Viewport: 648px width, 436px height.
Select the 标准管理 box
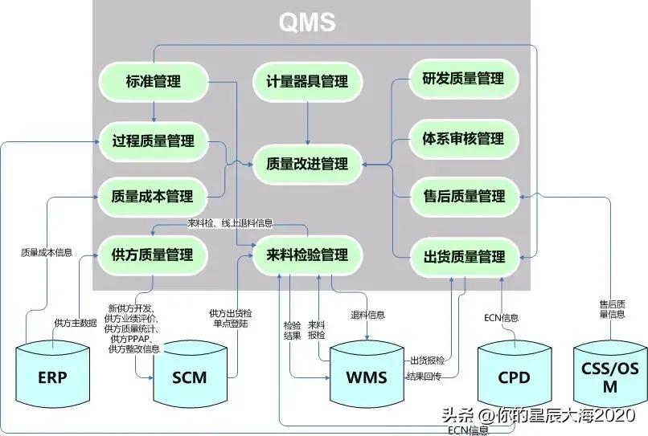click(153, 81)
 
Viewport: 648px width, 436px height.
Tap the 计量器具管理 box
click(307, 82)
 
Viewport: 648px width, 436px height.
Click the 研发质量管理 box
click(462, 79)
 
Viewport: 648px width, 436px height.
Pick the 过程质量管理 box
click(153, 141)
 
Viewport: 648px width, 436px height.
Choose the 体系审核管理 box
click(462, 138)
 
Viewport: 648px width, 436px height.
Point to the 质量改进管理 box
click(307, 164)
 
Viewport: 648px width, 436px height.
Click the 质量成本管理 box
click(153, 196)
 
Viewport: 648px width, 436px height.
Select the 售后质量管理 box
click(462, 196)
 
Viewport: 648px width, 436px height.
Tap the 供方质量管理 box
click(153, 255)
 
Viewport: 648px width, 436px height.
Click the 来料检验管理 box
click(307, 255)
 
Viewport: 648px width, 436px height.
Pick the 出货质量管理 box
click(462, 257)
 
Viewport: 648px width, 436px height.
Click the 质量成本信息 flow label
click(47, 252)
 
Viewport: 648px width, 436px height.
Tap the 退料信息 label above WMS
click(367, 314)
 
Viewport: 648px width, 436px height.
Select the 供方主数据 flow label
click(76, 323)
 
